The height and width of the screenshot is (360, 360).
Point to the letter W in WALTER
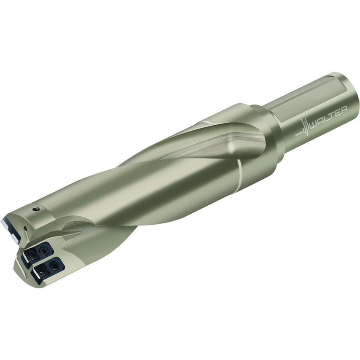(314, 123)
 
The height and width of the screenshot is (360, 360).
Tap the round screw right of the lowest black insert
(54, 265)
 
